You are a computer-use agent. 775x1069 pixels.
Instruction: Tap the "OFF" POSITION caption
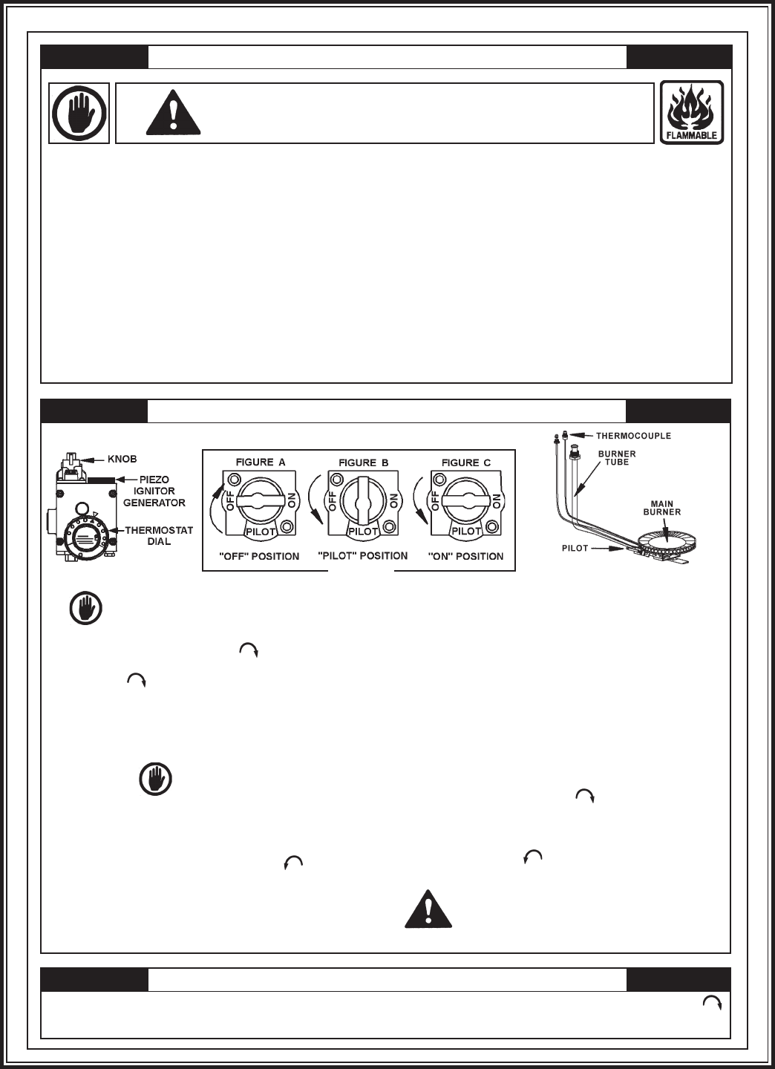(x=260, y=556)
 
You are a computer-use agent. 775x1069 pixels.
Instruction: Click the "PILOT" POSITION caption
(x=362, y=555)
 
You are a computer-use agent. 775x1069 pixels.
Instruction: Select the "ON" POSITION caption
(x=465, y=556)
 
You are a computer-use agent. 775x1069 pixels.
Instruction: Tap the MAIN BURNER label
(x=661, y=511)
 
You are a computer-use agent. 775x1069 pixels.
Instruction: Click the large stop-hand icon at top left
(x=79, y=113)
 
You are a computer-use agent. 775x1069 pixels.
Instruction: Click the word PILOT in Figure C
(x=466, y=531)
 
